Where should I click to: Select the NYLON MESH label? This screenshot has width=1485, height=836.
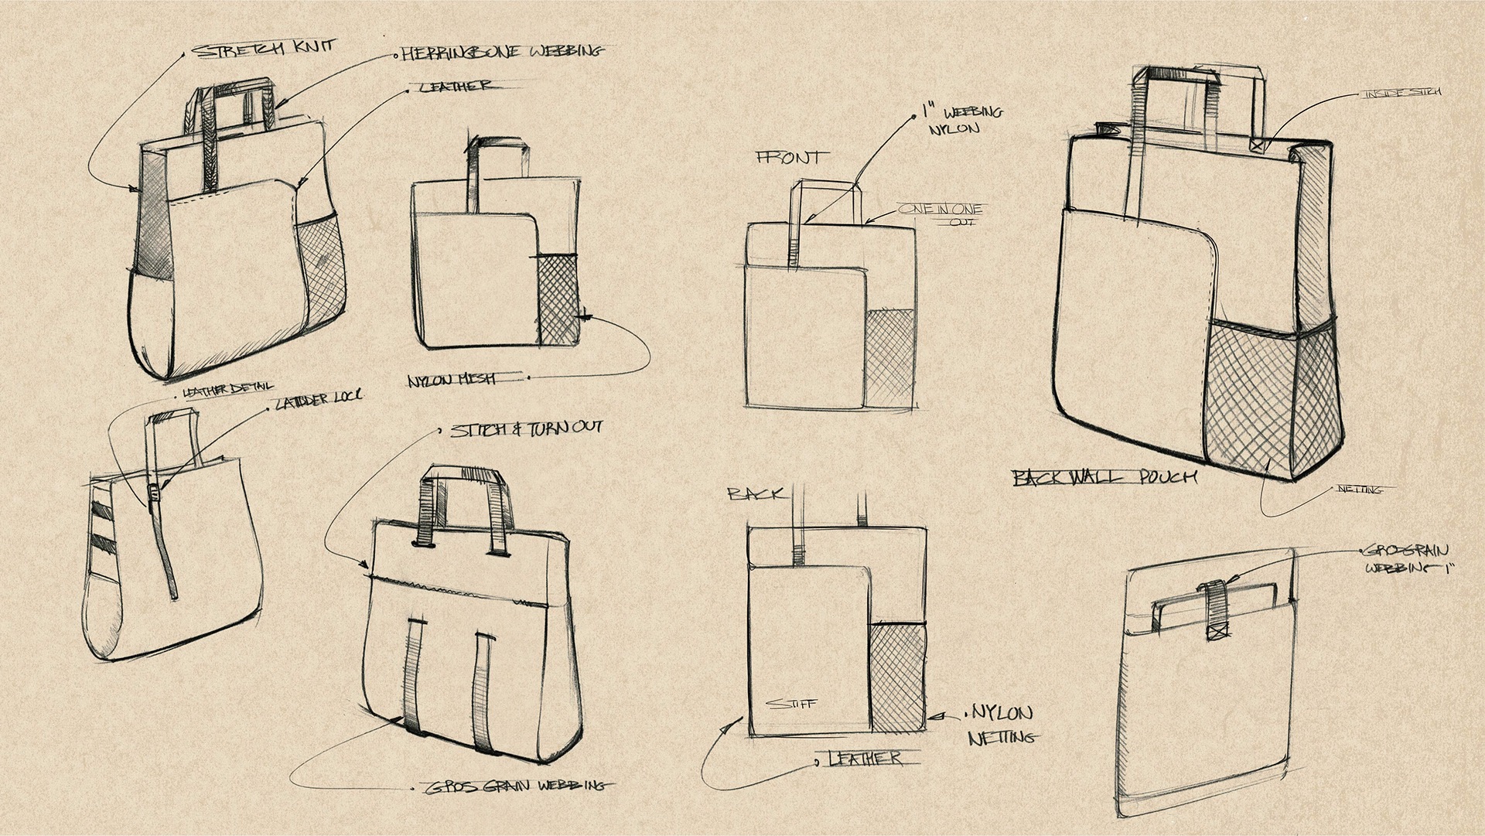(x=453, y=380)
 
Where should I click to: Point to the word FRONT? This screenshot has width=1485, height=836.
(x=788, y=158)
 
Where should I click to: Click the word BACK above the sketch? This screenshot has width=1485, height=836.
(x=755, y=493)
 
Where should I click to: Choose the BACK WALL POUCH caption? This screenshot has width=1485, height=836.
(x=1104, y=477)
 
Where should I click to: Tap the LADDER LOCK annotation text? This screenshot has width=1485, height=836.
(x=318, y=400)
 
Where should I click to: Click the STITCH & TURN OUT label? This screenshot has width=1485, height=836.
(x=526, y=428)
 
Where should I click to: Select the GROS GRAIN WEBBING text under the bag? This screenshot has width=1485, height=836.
(x=515, y=787)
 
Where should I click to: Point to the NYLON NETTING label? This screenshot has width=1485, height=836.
(x=1001, y=725)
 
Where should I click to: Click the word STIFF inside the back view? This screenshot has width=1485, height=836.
(x=790, y=705)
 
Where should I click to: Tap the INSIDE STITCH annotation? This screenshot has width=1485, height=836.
(x=1402, y=93)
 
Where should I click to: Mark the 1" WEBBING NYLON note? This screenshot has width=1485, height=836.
(x=962, y=120)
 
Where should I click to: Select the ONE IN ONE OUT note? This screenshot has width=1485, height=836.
(x=940, y=214)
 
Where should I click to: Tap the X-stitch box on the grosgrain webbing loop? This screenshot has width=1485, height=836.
(x=1217, y=632)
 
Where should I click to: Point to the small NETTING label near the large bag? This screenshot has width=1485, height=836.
(x=1360, y=490)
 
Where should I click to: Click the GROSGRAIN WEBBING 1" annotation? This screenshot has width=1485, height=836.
(x=1407, y=559)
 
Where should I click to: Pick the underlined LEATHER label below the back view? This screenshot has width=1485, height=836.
(x=865, y=759)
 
